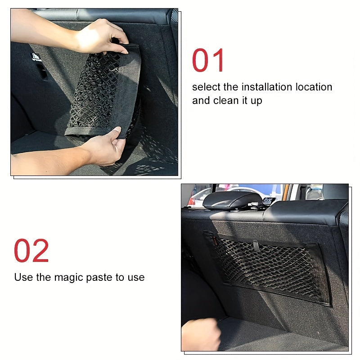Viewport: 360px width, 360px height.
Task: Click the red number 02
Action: (31, 251)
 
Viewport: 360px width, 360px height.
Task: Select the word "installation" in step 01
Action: (266, 87)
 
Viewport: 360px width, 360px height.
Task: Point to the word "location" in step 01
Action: (314, 87)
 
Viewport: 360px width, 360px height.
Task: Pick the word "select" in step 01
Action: (206, 87)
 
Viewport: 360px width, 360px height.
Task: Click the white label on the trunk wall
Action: (36, 57)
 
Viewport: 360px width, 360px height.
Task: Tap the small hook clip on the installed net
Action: (256, 246)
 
